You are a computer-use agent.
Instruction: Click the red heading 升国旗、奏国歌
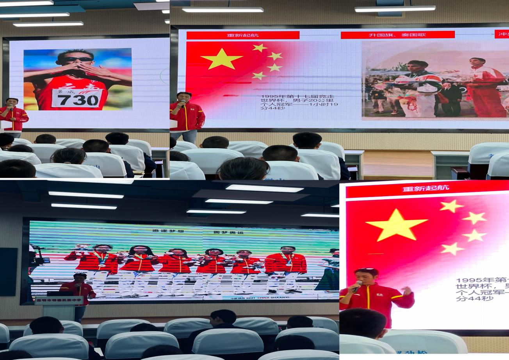397,35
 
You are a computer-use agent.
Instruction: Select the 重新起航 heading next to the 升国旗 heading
243,35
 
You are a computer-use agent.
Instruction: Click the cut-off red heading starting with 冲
502,34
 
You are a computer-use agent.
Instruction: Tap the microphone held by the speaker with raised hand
357,286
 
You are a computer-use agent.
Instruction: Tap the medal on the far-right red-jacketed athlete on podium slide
288,263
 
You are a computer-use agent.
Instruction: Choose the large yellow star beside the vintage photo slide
221,59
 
